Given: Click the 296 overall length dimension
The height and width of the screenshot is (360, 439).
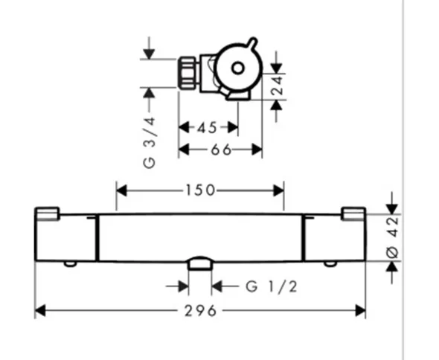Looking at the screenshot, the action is pos(200,311).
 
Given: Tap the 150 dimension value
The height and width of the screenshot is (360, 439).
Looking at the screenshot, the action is pos(200,190).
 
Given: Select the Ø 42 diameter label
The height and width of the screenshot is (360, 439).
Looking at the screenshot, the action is pos(393,237).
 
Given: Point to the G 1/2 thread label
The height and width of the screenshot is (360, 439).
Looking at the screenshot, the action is pos(272,286).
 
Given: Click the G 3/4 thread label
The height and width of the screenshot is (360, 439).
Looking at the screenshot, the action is pos(149,143).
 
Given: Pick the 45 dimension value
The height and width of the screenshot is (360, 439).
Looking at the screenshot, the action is pos(207,128).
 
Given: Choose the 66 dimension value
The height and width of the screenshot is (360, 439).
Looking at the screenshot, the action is pos(221,150).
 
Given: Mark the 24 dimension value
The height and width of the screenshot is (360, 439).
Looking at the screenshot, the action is pos(278,86).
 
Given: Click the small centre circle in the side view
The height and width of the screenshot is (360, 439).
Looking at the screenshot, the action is pos(237,68).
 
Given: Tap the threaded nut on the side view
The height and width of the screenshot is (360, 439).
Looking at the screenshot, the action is pos(188,72).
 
